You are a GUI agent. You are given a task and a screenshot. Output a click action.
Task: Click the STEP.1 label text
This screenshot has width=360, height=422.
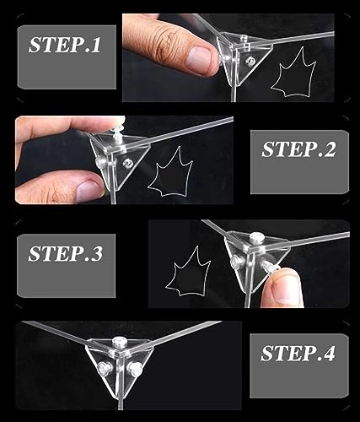pos(65,45)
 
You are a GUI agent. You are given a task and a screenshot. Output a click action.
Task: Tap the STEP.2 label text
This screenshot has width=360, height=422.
pos(298,149)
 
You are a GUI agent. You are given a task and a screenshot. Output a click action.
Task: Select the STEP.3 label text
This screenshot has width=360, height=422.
pos(65,253)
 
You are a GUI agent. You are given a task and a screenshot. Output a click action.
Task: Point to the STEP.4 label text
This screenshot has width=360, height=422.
pos(298,353)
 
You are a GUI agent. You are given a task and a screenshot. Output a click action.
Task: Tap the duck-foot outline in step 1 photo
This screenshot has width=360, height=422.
pos(293,73)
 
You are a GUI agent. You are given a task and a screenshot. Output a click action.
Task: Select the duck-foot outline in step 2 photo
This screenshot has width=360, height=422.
pos(170,172)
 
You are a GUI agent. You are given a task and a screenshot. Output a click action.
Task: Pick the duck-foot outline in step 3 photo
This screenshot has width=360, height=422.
pos(188,273)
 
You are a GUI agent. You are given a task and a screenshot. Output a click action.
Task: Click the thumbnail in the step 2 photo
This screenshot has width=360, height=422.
pos(89,190)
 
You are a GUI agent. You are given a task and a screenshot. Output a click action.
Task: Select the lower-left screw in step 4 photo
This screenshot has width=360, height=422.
pos(105,367)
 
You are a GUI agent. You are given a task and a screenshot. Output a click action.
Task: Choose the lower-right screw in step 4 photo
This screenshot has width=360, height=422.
pos(135,368)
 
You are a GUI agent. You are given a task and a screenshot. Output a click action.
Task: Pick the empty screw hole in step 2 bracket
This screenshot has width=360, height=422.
pos(128,163)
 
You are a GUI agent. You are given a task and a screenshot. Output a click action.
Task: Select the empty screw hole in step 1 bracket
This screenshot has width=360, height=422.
pos(250,61)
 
